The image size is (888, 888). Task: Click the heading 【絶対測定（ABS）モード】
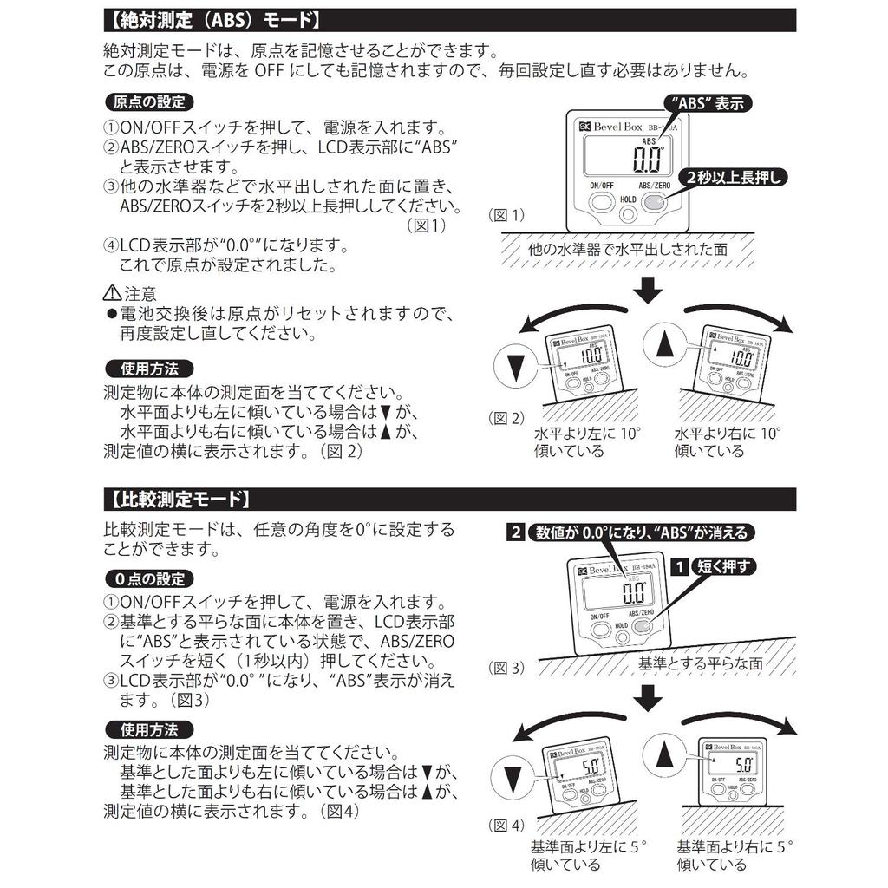(213, 20)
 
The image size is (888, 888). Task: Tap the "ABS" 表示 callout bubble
(708, 102)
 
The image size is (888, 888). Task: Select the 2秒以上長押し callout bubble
(735, 177)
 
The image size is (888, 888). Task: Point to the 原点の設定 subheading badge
(149, 101)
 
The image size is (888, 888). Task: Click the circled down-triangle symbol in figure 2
(515, 368)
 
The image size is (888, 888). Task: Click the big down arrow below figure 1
(646, 291)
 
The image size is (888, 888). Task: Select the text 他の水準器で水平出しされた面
(628, 249)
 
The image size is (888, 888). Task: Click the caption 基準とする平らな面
(701, 663)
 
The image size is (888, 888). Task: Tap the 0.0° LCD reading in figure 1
(647, 160)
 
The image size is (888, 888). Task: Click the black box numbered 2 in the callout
(516, 532)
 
